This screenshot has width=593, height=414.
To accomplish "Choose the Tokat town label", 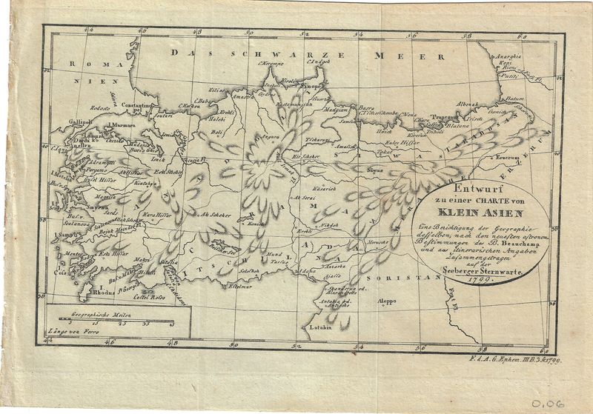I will [x=382, y=151].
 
